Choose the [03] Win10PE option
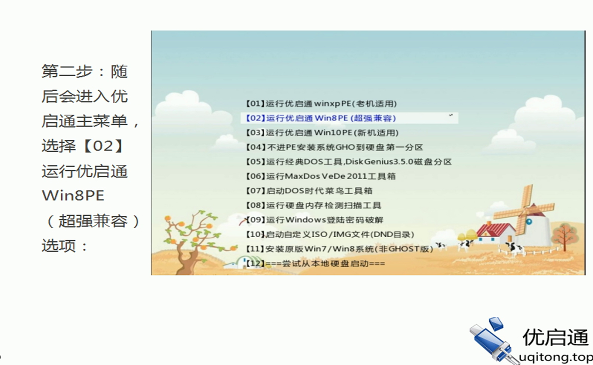(x=322, y=133)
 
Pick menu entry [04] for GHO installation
(x=334, y=147)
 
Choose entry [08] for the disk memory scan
(x=313, y=205)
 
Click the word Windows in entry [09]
(x=306, y=220)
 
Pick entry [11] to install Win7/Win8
(x=339, y=249)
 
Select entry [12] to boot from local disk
(x=315, y=263)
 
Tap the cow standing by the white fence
(x=514, y=248)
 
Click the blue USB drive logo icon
(x=492, y=340)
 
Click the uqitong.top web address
(x=556, y=357)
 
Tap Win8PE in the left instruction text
(x=73, y=195)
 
